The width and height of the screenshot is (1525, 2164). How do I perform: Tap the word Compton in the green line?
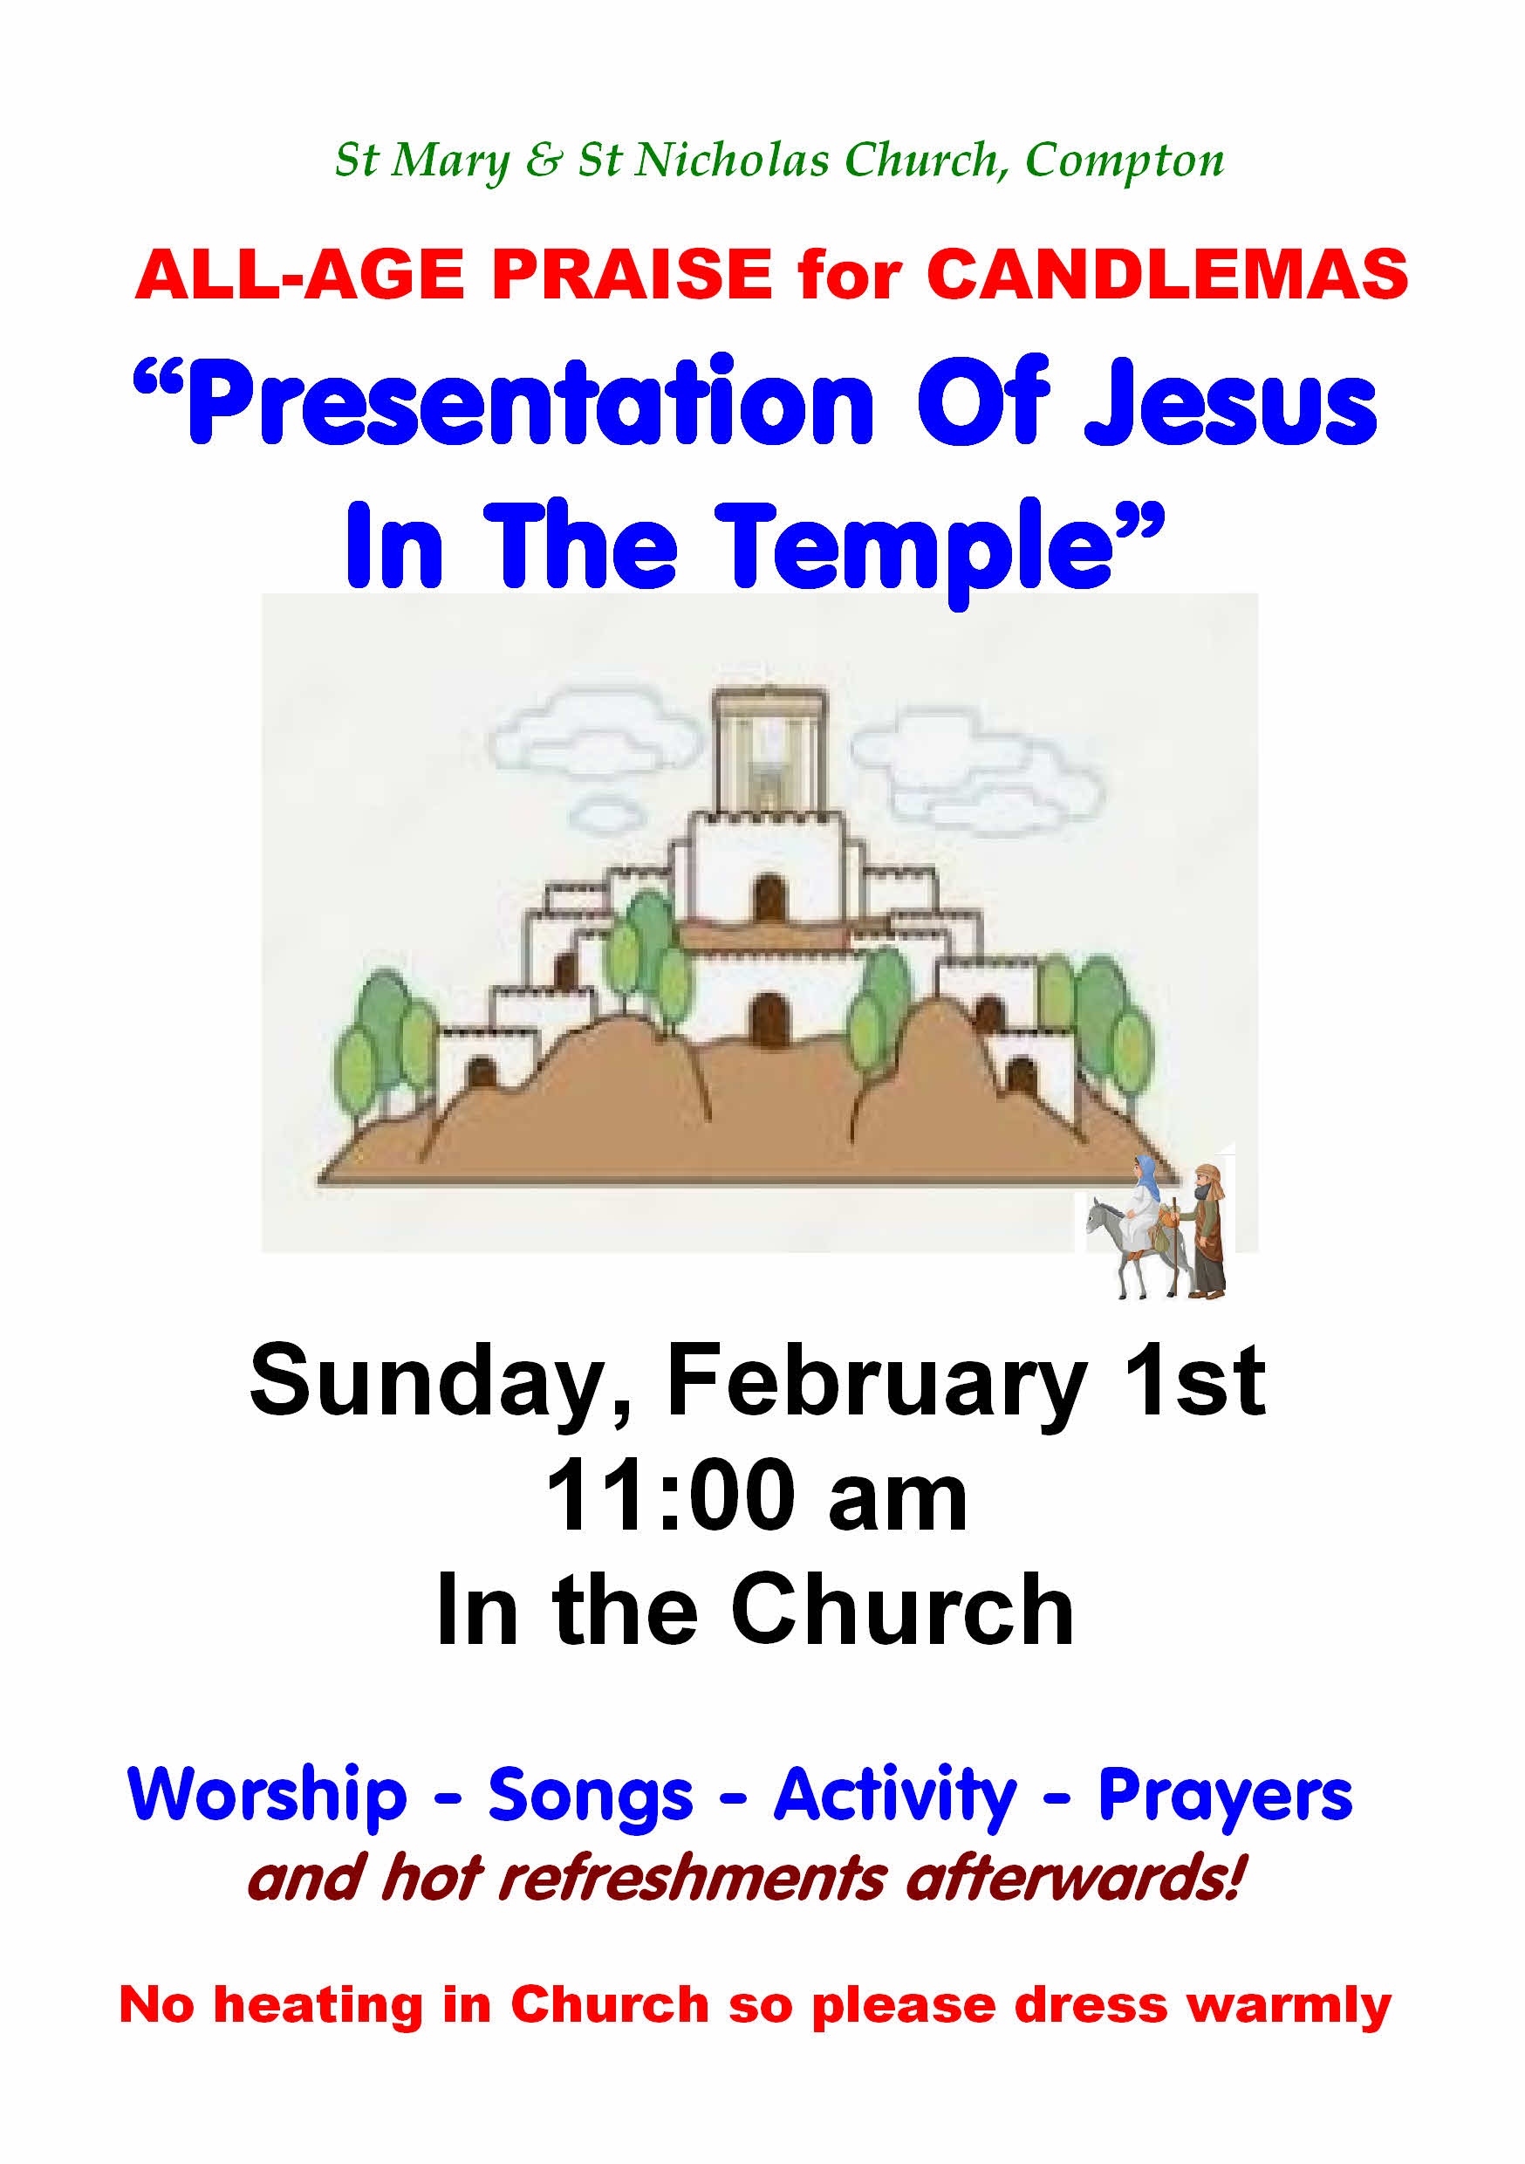point(1125,161)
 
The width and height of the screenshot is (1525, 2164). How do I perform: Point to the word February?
point(877,1383)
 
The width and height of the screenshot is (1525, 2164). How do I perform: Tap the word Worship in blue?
point(268,1795)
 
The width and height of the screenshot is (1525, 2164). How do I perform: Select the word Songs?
point(590,1797)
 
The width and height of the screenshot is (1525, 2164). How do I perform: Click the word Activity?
point(895,1797)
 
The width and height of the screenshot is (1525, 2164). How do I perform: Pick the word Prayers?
point(1225,1797)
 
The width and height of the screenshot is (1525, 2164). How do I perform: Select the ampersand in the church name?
point(544,161)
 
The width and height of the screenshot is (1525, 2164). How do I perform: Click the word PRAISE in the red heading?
point(633,274)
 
